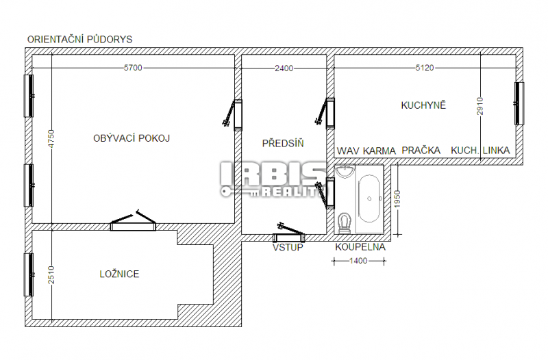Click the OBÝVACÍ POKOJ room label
point(132,138)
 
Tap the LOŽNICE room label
point(119,274)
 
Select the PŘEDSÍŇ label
point(283,143)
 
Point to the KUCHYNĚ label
point(423,105)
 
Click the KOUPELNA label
point(360,247)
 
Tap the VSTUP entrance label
point(288,248)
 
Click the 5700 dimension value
point(133,68)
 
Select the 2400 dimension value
point(284,68)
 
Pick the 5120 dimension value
point(425,68)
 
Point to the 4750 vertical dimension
point(51,139)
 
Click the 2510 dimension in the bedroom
point(51,275)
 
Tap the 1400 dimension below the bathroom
point(358,261)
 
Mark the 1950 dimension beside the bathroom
point(397,199)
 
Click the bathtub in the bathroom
point(369,198)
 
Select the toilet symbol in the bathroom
point(345,222)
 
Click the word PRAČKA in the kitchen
point(421,151)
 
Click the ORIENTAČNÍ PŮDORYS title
point(80,40)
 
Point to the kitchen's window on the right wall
point(519,103)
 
